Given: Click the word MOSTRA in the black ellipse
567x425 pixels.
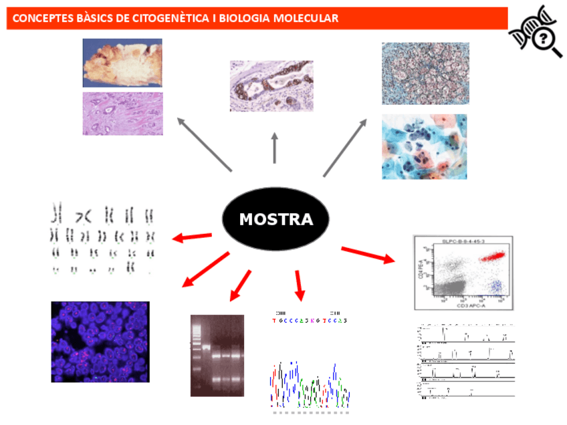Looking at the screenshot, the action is tap(275, 219).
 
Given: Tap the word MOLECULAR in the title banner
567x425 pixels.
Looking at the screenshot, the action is tap(305, 18).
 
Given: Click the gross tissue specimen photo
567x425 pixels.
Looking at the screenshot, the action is tap(122, 63).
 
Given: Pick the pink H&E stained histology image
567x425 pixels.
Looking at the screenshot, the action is tap(122, 113).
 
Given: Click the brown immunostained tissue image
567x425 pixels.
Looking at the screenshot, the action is tap(271, 86).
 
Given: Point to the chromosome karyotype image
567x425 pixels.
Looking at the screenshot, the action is tap(103, 239).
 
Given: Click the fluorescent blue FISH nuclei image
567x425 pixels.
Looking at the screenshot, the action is tap(100, 341).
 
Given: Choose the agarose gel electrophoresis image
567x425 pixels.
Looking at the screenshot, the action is tap(217, 355).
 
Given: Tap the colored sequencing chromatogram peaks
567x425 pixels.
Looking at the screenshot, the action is tap(310, 386).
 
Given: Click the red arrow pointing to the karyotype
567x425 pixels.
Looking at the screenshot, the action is tap(193, 237).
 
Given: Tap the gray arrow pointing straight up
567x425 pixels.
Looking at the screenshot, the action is tap(274, 147).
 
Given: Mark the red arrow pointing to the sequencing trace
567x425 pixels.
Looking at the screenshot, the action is tap(298, 285).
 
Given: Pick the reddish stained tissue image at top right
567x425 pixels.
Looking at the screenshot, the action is tap(425, 74).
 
